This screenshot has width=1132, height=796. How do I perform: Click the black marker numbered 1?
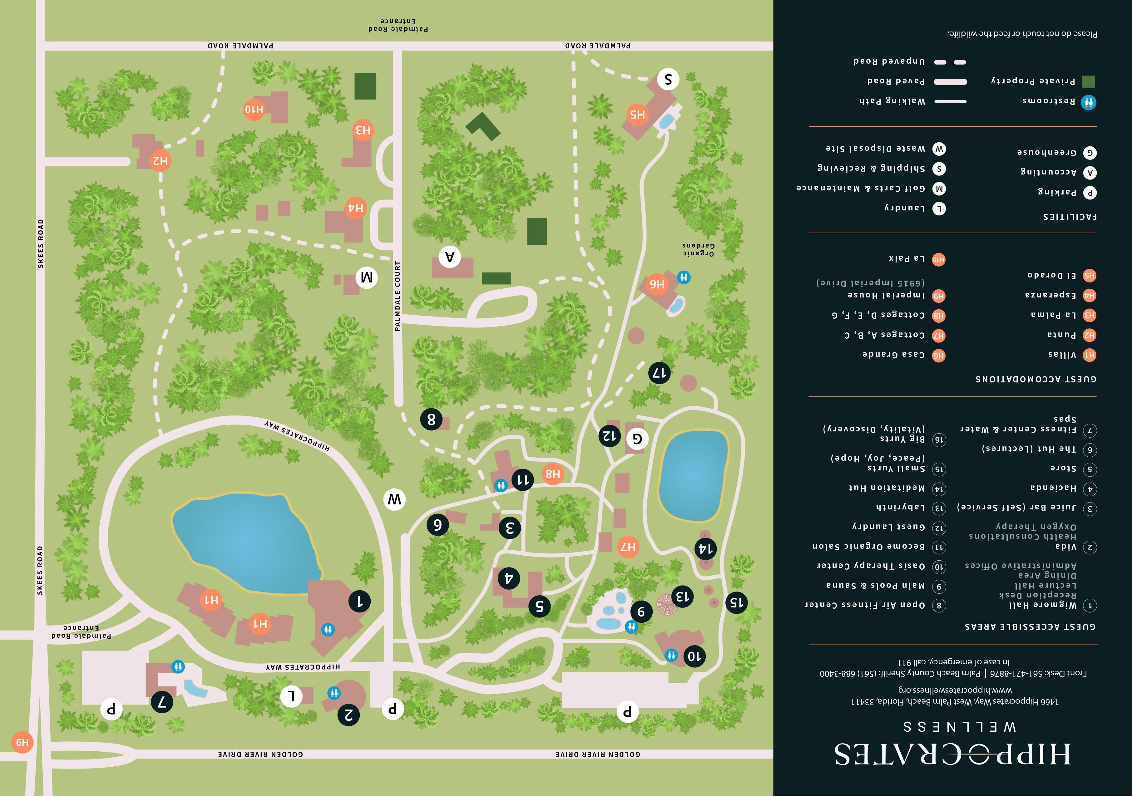[359, 601]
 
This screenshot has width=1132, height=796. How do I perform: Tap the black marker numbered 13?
[682, 597]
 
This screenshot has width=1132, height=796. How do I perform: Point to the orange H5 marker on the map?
[637, 114]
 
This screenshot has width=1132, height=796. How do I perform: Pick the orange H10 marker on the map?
[255, 109]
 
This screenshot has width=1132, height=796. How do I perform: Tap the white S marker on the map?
[668, 79]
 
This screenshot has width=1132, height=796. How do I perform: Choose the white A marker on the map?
[450, 256]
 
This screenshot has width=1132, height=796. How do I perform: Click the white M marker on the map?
[367, 278]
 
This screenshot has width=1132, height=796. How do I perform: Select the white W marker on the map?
[394, 500]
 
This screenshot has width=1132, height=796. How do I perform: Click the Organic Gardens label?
[698, 249]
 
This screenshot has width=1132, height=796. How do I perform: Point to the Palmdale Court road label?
[398, 296]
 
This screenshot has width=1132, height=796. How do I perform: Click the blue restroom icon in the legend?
[1089, 102]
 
